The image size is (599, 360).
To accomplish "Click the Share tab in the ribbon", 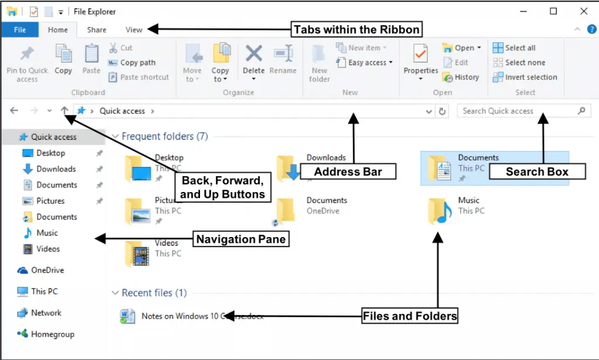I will [97, 30].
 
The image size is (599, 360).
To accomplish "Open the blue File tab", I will [19, 30].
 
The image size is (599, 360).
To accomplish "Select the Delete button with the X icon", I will [253, 61].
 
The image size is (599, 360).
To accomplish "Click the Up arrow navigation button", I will [64, 111].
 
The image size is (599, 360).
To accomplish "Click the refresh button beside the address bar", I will [442, 111].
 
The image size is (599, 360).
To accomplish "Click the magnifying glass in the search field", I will [581, 111].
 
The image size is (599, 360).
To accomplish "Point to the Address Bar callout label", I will [348, 172].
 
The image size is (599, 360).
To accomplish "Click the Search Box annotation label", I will [537, 172].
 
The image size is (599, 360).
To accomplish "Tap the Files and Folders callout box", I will [409, 316].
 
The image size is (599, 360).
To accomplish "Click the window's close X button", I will [583, 11].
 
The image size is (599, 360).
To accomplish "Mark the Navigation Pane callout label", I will [241, 239].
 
